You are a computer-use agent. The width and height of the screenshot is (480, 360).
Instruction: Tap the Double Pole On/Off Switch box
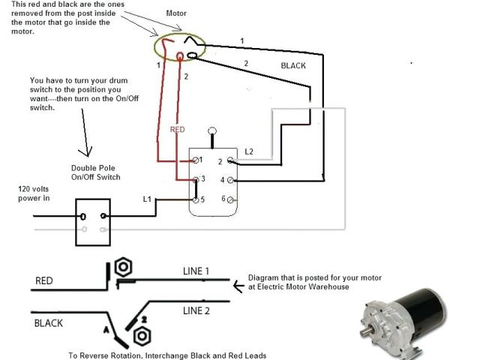tap(93, 221)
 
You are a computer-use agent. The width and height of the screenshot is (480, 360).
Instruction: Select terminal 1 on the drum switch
tap(196, 160)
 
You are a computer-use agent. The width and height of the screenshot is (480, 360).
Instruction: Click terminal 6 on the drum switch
tap(230, 199)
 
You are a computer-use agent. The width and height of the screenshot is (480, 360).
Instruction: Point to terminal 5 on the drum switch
tap(196, 200)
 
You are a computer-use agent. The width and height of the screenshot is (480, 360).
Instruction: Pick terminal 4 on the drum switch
tap(230, 180)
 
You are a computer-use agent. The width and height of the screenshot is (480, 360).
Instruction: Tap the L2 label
tap(250, 151)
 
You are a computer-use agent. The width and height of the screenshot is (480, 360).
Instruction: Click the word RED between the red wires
tap(178, 130)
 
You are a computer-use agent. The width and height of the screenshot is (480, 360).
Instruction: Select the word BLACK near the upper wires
tap(293, 66)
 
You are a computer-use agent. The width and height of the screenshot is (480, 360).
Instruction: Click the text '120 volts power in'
tap(35, 194)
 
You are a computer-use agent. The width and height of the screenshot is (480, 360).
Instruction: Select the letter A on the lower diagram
tap(106, 328)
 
